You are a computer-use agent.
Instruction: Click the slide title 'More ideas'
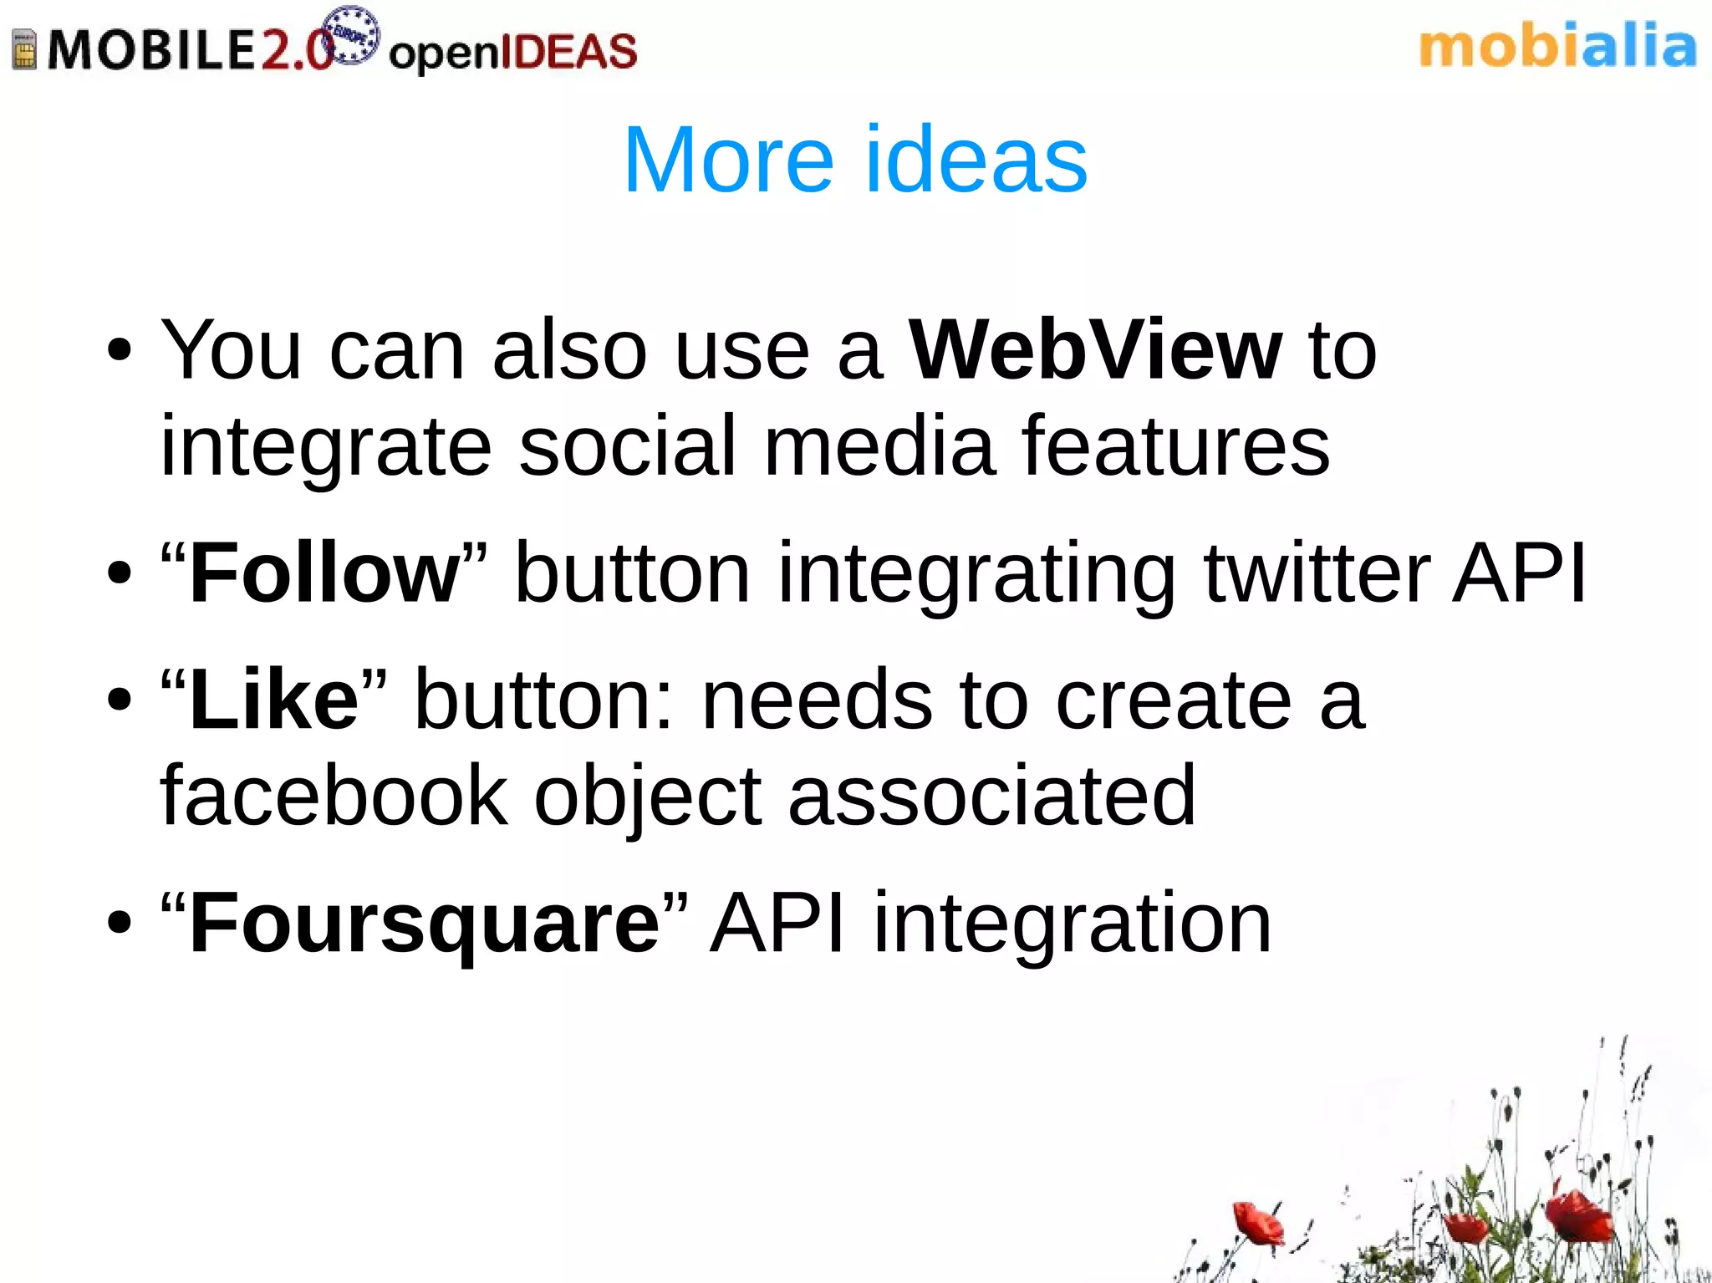pos(855,159)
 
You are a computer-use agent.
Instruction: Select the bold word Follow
pos(324,573)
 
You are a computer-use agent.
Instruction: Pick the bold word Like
pos(274,700)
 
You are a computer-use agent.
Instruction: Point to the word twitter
pos(1317,573)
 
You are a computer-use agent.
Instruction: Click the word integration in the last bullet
pos(1073,924)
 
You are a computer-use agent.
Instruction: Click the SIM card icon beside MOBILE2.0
pos(24,49)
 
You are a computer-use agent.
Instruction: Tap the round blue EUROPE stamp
pos(351,35)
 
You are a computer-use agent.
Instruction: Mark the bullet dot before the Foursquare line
pos(120,924)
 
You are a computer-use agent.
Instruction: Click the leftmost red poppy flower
pos(1256,1223)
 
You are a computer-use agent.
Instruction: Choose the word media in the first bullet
pos(879,446)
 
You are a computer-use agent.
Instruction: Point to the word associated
pos(991,796)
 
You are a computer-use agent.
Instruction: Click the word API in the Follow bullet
pos(1519,573)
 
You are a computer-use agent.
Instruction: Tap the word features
pos(1174,446)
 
